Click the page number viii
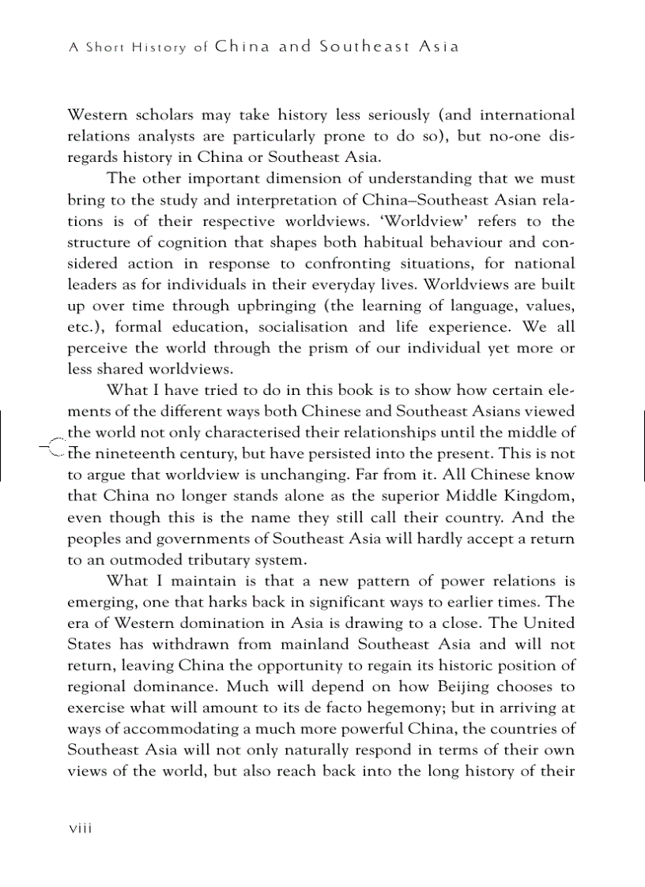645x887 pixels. [81, 829]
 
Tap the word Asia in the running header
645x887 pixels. [439, 47]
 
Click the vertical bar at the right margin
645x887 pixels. [644, 444]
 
